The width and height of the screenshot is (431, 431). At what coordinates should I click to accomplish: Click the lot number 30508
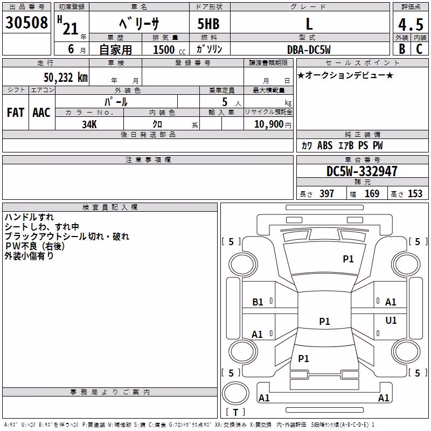click(x=26, y=23)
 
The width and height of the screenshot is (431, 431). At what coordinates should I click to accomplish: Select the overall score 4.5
click(x=411, y=24)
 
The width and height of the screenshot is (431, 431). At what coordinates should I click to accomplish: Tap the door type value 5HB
click(x=208, y=24)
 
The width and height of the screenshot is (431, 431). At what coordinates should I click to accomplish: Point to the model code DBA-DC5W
click(x=309, y=50)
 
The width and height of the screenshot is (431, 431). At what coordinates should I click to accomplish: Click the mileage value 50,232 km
click(x=66, y=78)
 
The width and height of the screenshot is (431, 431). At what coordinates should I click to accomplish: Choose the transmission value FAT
click(x=16, y=113)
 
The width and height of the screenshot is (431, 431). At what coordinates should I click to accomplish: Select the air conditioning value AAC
click(x=41, y=113)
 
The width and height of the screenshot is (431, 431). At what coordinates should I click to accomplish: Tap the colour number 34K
click(x=89, y=124)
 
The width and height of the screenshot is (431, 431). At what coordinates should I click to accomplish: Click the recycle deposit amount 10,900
click(x=269, y=124)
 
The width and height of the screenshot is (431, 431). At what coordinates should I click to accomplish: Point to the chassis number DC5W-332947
click(x=362, y=171)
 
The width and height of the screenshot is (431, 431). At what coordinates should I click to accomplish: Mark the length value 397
click(x=326, y=193)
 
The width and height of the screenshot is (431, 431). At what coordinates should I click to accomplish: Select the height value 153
click(x=415, y=193)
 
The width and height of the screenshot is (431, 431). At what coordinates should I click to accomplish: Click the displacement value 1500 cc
click(x=169, y=50)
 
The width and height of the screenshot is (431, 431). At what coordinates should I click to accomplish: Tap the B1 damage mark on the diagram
click(x=258, y=302)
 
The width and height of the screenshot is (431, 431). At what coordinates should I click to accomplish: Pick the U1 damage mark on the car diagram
click(x=391, y=320)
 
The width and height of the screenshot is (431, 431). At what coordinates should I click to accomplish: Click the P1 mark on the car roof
click(x=324, y=321)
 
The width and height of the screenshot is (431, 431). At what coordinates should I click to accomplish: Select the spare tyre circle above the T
click(x=235, y=393)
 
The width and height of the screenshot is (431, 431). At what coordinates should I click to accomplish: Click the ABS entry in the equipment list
click(x=325, y=145)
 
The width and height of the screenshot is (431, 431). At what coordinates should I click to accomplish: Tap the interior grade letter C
click(x=419, y=49)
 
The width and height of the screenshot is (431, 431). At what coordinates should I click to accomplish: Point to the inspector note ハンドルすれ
click(x=29, y=217)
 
